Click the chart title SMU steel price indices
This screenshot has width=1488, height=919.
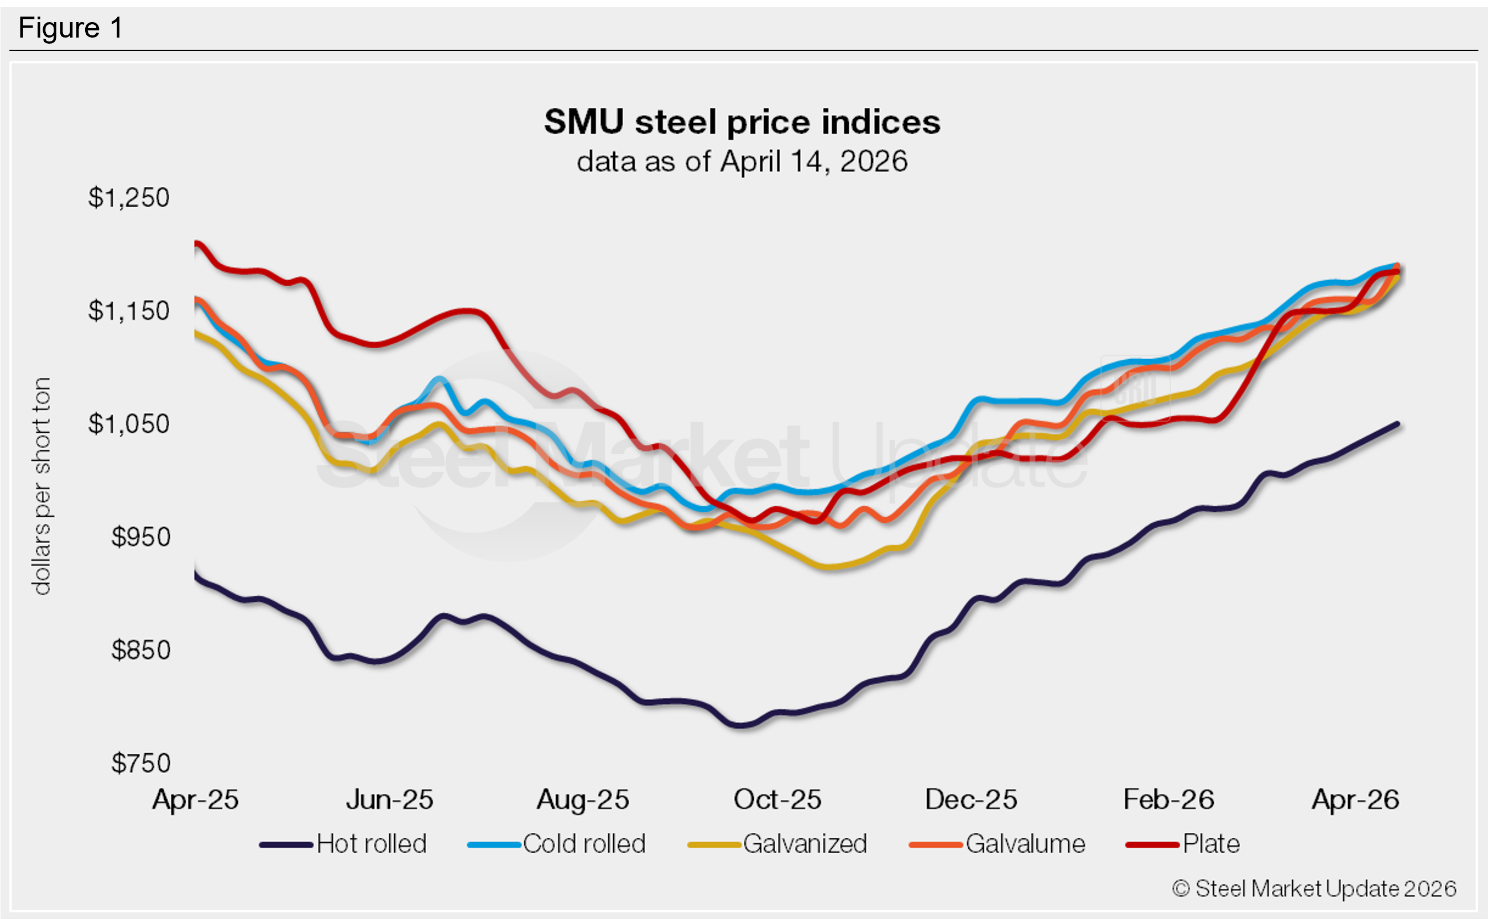coord(742,122)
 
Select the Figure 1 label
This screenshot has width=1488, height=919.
coord(71,28)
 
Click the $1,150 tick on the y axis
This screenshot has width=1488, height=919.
coord(128,311)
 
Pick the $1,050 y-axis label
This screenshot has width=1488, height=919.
coord(128,424)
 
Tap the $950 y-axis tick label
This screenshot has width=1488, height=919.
coord(140,537)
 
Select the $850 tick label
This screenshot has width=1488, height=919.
coord(140,650)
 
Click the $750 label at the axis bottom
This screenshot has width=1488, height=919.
coord(140,763)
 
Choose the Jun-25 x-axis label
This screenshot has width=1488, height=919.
coord(389,800)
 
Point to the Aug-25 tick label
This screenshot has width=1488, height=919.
coord(583,800)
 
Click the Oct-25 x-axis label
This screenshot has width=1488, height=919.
coord(777,800)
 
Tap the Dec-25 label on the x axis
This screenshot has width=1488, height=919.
coord(970,800)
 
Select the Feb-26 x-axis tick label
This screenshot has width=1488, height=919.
coord(1168,800)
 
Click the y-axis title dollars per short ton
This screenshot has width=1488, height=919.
coord(41,486)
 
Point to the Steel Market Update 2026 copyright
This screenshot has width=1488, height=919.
coord(1313,889)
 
